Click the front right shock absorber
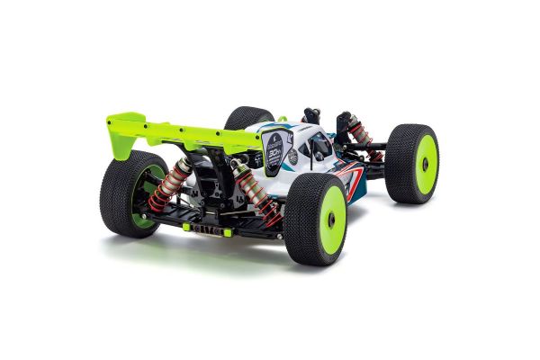359,133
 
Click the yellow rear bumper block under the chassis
208,229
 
